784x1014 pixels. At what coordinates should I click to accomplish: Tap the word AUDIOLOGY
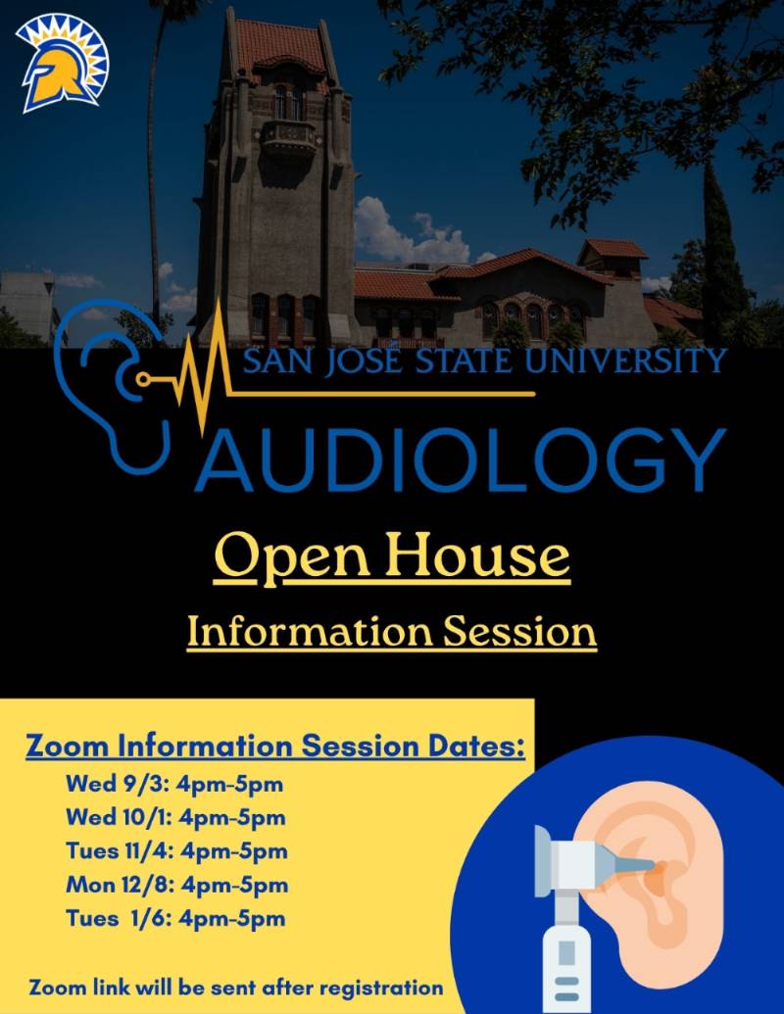point(461,458)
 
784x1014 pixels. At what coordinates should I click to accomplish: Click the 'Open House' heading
point(392,555)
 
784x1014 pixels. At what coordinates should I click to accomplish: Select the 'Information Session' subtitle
point(392,632)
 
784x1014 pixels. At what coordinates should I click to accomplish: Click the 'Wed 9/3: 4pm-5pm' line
point(174,784)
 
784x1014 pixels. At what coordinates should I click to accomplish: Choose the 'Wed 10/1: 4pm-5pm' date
point(175,817)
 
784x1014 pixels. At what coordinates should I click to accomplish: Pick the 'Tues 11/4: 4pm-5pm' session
point(176,850)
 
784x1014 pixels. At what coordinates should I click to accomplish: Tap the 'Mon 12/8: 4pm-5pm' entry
point(176,885)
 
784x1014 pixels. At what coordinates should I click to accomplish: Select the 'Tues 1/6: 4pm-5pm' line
point(175,918)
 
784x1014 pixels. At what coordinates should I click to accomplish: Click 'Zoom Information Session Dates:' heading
point(275,746)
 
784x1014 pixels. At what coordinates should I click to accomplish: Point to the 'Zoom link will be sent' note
point(236,986)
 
